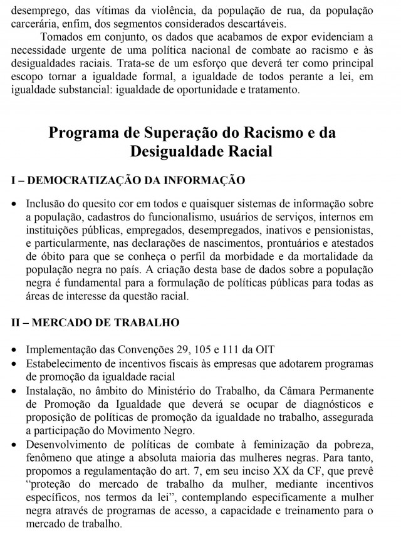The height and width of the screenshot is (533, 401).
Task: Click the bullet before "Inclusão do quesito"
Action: [x=15, y=204]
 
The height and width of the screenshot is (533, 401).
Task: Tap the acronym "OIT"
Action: [x=272, y=348]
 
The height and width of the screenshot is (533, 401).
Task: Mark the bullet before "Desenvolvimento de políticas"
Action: [x=15, y=444]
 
